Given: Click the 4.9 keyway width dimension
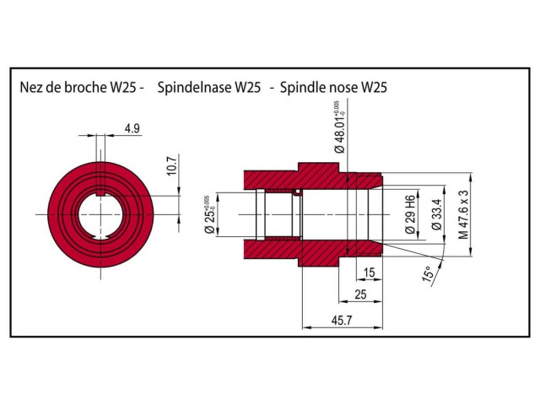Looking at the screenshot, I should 132,128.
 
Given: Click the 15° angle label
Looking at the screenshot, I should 428,275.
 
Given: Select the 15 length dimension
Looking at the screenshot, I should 368,272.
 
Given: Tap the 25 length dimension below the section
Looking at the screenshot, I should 360,294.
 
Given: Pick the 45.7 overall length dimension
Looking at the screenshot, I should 342,321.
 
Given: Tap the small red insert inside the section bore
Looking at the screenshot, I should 297,193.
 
